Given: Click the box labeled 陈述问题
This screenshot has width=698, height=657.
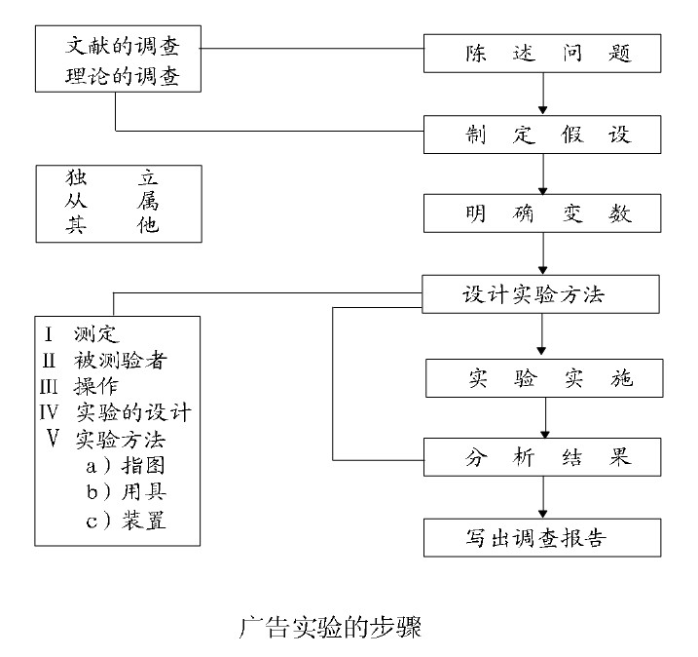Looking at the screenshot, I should (x=547, y=55).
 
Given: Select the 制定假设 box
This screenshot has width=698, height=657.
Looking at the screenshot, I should (x=547, y=134).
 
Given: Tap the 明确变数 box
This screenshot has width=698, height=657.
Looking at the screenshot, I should (x=547, y=213).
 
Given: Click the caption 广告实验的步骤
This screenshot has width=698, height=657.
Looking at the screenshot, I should (x=330, y=625).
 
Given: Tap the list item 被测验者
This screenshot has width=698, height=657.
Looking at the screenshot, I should (x=120, y=361).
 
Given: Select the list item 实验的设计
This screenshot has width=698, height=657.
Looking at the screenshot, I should (x=131, y=411).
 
